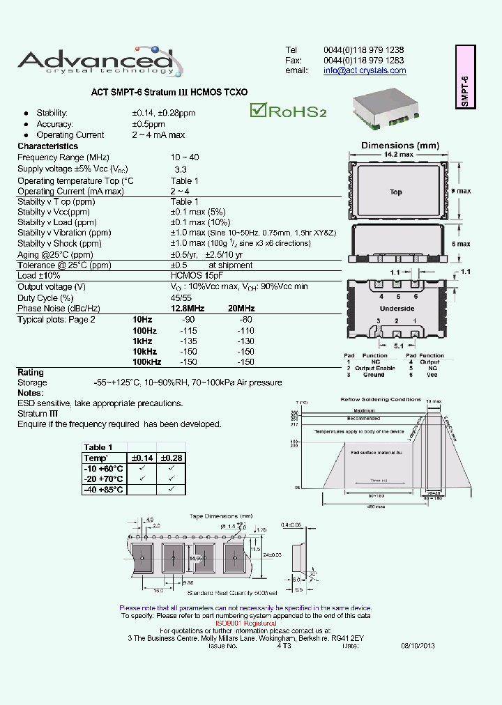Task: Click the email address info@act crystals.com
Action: click(x=365, y=70)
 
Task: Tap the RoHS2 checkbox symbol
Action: click(x=259, y=110)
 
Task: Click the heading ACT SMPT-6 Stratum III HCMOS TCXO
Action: click(x=169, y=92)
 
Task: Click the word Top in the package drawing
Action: click(x=395, y=192)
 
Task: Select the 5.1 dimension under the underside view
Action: click(x=397, y=346)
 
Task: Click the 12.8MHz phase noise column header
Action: click(x=188, y=308)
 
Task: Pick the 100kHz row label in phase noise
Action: click(x=146, y=362)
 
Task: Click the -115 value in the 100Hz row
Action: click(x=188, y=330)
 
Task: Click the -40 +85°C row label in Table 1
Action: click(x=104, y=490)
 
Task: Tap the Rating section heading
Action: click(x=31, y=372)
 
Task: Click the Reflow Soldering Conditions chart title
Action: click(x=380, y=399)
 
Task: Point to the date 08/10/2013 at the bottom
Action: click(x=417, y=646)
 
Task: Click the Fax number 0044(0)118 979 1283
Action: click(x=363, y=60)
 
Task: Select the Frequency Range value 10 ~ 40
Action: click(x=185, y=157)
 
